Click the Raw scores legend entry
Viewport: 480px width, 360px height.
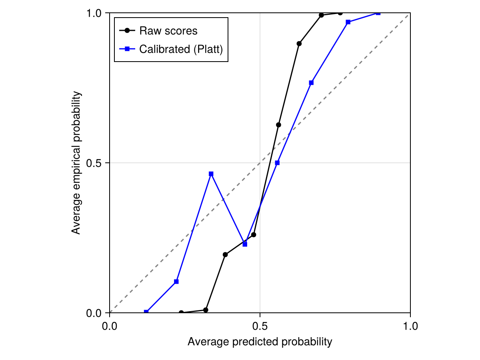(168, 30)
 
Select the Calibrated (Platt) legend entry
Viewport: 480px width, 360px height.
(180, 49)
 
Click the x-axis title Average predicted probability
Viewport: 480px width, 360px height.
(260, 342)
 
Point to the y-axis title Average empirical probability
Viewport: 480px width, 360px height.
(76, 163)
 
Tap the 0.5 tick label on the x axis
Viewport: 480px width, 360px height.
(260, 326)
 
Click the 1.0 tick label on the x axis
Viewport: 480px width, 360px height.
(410, 326)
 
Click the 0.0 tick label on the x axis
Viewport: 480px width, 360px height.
(110, 326)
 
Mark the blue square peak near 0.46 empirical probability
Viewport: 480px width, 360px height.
(211, 174)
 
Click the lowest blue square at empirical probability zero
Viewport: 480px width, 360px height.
(146, 312)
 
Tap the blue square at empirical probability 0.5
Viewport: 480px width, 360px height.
(277, 163)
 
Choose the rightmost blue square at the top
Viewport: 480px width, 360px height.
(378, 13)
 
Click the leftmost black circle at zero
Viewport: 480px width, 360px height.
(181, 312)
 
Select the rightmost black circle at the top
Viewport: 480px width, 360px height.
(340, 13)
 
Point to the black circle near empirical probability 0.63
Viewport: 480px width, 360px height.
(278, 125)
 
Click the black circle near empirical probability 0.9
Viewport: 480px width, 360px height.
(299, 44)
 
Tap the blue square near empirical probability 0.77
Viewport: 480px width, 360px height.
(311, 82)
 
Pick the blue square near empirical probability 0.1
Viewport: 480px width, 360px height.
(176, 282)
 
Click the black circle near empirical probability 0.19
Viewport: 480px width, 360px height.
(225, 254)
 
